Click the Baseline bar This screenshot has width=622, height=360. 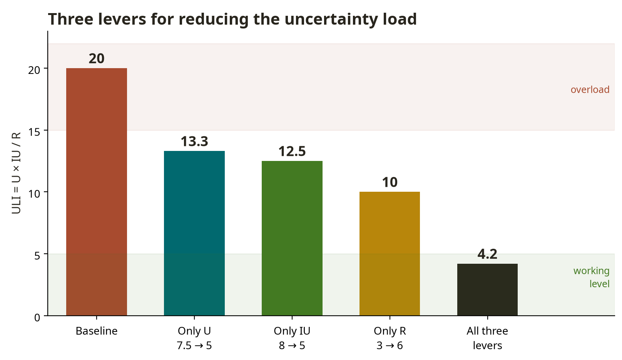96,192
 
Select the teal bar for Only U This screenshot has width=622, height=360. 194,233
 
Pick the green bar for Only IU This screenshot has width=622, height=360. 292,238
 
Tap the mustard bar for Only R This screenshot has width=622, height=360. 390,254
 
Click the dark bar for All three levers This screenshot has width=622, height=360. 487,290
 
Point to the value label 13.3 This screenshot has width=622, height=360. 194,141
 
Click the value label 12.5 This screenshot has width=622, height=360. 292,151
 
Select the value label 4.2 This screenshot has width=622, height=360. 487,254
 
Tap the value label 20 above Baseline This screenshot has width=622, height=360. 96,59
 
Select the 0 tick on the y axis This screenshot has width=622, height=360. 37,317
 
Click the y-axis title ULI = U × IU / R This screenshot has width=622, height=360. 16,173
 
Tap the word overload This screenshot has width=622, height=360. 590,89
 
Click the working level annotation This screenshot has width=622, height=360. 591,277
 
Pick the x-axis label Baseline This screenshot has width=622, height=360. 96,331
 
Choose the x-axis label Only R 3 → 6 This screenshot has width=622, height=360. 390,338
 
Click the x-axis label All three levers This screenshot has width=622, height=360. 487,338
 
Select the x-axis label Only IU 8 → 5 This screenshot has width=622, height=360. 292,338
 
